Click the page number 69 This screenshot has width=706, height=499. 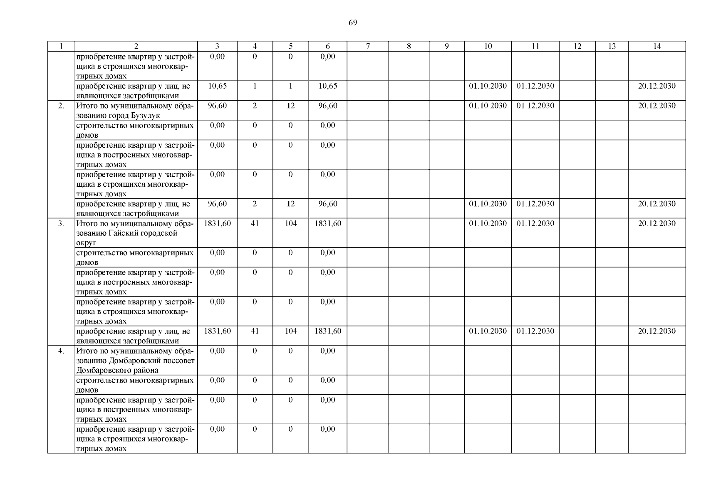(352, 23)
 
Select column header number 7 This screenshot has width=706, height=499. (368, 47)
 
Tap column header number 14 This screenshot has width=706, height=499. (656, 47)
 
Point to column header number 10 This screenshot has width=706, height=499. (488, 47)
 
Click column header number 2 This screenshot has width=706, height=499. (136, 47)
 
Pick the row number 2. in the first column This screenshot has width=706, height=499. (61, 106)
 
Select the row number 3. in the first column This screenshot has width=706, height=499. (61, 224)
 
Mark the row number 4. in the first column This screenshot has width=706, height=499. (61, 351)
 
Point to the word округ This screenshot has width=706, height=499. (86, 243)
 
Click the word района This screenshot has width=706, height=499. (145, 371)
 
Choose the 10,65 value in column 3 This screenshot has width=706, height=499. (217, 86)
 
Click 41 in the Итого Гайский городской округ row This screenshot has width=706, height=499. (255, 224)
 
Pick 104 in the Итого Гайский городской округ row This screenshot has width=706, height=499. (290, 224)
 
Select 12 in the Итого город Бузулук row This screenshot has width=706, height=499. (290, 106)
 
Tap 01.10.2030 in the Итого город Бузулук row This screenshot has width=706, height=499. (488, 106)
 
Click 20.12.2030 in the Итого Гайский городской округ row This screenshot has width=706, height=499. (656, 224)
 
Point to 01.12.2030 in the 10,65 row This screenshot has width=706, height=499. (535, 86)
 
